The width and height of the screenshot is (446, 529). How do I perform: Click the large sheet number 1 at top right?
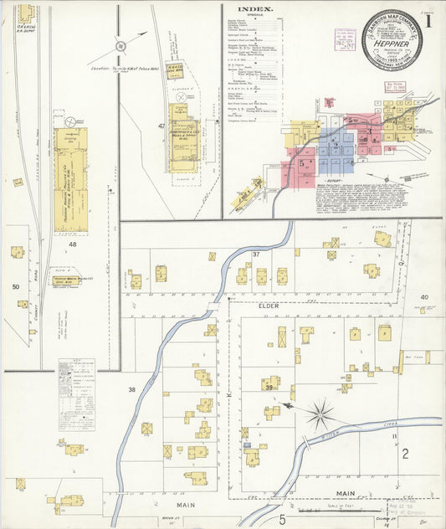click(428, 23)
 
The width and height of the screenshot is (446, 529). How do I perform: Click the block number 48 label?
click(73, 244)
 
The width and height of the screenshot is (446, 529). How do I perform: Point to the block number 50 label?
click(15, 286)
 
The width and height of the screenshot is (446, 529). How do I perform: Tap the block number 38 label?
click(131, 390)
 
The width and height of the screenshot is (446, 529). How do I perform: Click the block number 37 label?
click(257, 254)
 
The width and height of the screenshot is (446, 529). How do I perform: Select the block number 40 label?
click(424, 297)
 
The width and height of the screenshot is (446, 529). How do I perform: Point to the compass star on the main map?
click(320, 413)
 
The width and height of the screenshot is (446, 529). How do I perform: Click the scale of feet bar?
click(321, 509)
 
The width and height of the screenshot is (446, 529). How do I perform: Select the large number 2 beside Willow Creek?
click(404, 455)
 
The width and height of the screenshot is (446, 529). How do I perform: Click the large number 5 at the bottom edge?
click(283, 520)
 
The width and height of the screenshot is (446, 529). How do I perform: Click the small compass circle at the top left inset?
click(120, 47)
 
